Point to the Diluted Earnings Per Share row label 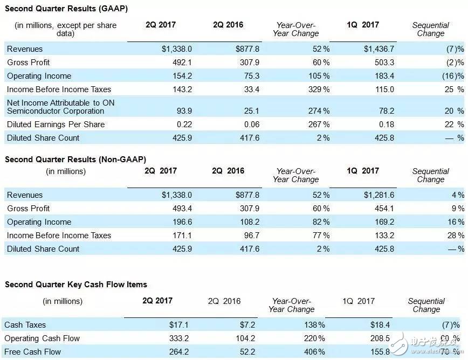pyautogui.click(x=56, y=124)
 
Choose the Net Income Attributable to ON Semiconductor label pyautogui.click(x=60, y=107)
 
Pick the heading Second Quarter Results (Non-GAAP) pyautogui.click(x=75, y=160)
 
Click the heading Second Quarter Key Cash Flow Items pyautogui.click(x=76, y=285)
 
